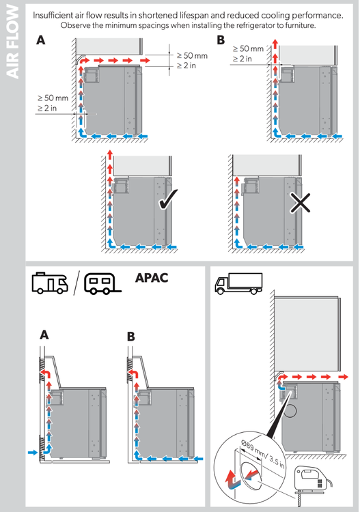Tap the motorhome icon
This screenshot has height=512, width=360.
click(x=50, y=283)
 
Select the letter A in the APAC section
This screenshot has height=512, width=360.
click(x=44, y=335)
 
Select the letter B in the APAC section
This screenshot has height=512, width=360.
click(x=132, y=335)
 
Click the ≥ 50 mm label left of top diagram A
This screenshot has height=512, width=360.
click(x=52, y=99)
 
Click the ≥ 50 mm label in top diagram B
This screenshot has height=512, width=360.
click(x=247, y=49)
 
